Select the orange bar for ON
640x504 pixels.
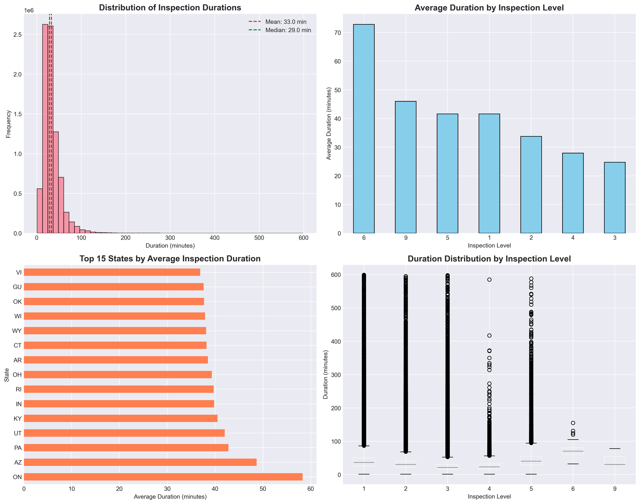click(163, 477)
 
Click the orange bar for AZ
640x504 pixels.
click(140, 462)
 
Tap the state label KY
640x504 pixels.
click(19, 418)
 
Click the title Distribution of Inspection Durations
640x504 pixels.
click(170, 8)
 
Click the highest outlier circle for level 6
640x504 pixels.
click(573, 423)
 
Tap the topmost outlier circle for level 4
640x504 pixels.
click(489, 280)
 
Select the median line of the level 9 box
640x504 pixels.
click(614, 464)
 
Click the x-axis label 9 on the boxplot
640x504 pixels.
click(614, 488)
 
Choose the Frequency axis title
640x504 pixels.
click(8, 124)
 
